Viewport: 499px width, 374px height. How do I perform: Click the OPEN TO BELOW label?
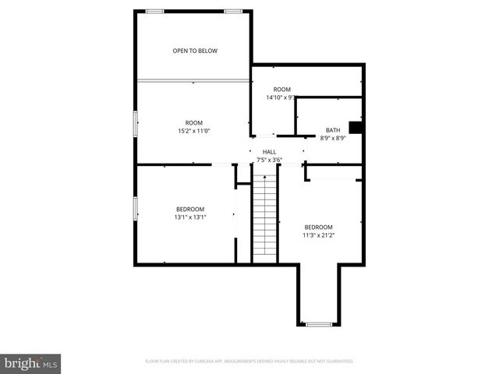(x=195, y=51)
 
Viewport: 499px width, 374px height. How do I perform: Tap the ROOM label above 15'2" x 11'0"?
(x=193, y=123)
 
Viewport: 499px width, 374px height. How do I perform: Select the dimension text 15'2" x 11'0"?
(x=193, y=131)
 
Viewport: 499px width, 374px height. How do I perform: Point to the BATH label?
(x=333, y=130)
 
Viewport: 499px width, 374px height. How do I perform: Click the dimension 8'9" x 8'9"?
(x=333, y=138)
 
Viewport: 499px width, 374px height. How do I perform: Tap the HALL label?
(x=269, y=152)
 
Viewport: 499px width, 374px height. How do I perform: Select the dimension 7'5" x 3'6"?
(x=269, y=160)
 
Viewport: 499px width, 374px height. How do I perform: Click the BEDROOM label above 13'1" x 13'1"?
(x=190, y=209)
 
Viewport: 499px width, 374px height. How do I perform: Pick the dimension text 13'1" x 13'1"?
(x=190, y=217)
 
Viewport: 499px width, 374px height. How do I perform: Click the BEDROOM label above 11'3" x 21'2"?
(x=318, y=227)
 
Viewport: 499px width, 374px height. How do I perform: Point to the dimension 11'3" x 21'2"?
(x=318, y=235)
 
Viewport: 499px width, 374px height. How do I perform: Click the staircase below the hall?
(x=264, y=218)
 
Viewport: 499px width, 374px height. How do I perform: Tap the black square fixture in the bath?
(x=356, y=128)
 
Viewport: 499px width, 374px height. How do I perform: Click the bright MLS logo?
(x=31, y=363)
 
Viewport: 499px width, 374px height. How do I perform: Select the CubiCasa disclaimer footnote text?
(x=249, y=362)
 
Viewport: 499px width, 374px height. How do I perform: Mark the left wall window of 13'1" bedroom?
(x=136, y=208)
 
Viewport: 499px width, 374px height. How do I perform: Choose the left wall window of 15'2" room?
(x=136, y=123)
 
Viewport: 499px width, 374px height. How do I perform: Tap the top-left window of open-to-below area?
(x=154, y=11)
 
